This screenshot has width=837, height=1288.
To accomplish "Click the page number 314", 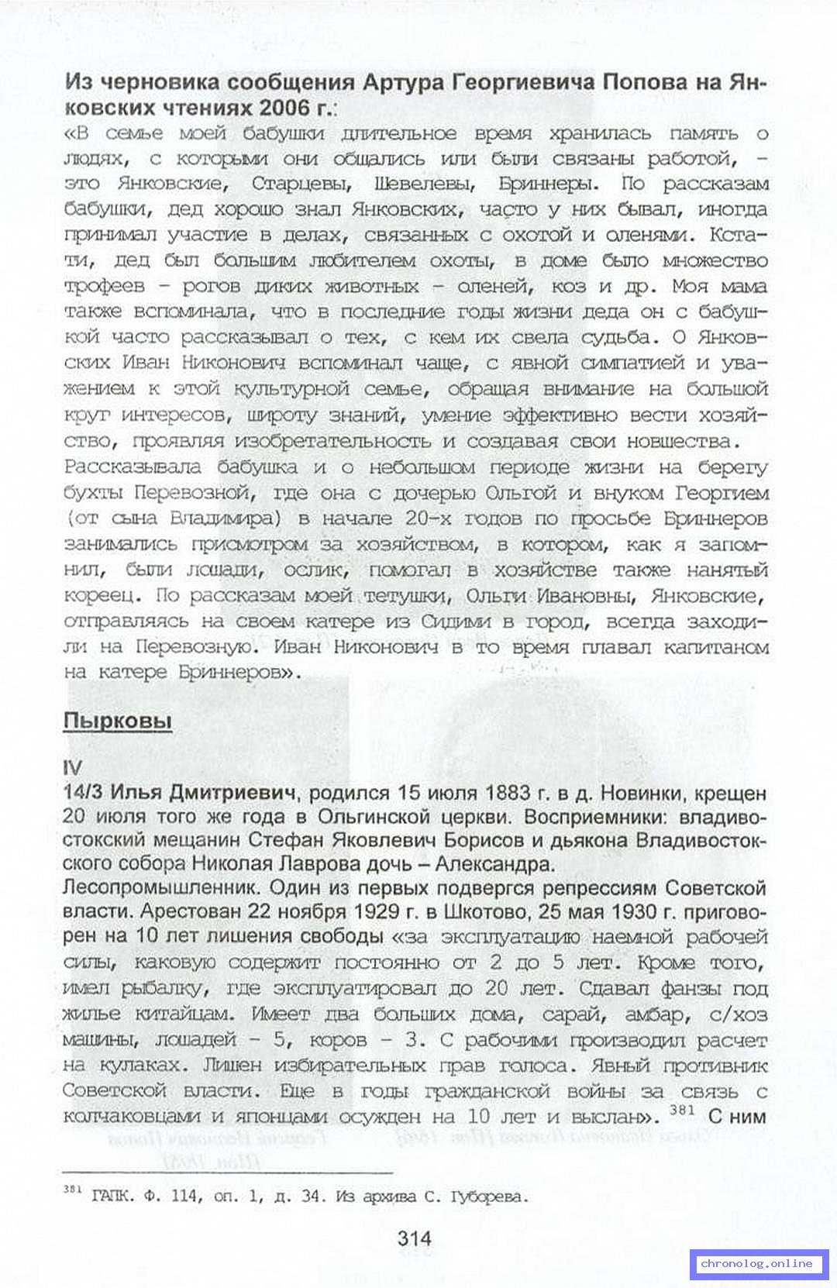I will point(415,1238).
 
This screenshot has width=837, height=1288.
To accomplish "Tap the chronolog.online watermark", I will point(756,1263).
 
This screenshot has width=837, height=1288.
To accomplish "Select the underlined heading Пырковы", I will point(117,721).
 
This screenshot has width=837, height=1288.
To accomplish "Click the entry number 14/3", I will point(84,793).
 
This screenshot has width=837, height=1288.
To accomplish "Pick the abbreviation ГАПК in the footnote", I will point(108,1196).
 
